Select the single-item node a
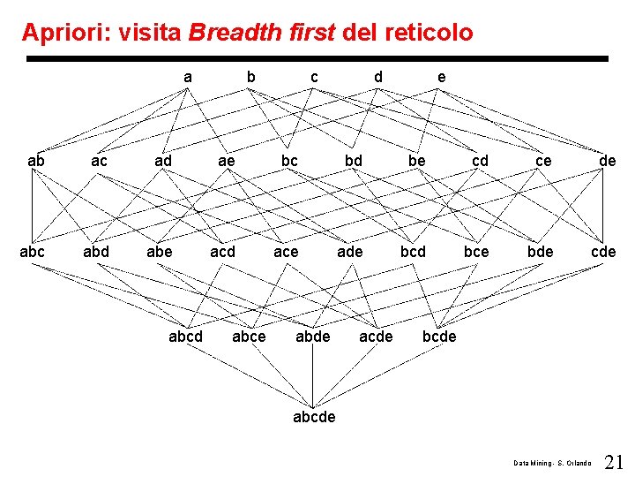tap(187, 77)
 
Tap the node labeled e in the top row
tap(441, 77)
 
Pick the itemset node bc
tap(289, 162)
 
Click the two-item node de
tap(607, 162)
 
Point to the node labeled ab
tap(36, 162)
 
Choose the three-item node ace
tap(286, 252)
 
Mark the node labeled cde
tap(603, 252)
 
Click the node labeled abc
tap(33, 252)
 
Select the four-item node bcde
tap(439, 336)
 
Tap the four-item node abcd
tap(185, 336)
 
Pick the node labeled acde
tap(376, 336)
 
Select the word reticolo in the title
tap(429, 34)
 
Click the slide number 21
tap(615, 461)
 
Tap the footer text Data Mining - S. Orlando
tap(553, 463)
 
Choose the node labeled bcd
tap(413, 252)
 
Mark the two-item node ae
tap(227, 162)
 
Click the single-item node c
tap(314, 77)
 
